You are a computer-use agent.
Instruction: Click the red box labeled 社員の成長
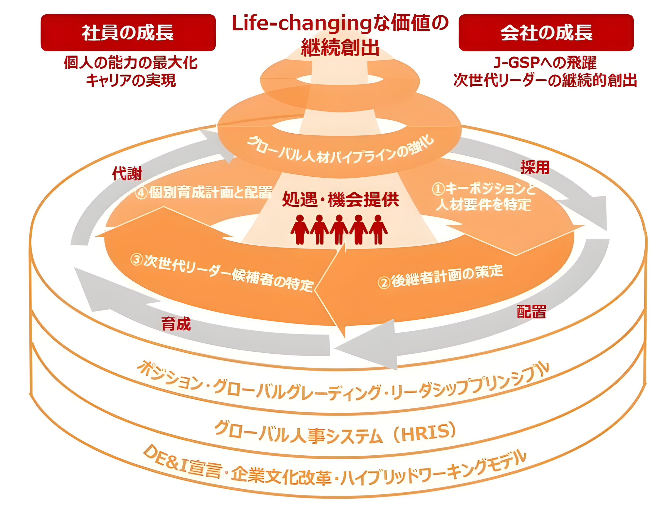pyautogui.click(x=128, y=32)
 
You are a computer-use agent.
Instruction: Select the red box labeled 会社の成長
pyautogui.click(x=546, y=32)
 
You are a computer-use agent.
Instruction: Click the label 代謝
pyautogui.click(x=127, y=174)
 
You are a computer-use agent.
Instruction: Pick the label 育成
pyautogui.click(x=176, y=324)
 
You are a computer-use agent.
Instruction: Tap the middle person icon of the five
pyautogui.click(x=339, y=229)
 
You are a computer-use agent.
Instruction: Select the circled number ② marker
pyautogui.click(x=384, y=282)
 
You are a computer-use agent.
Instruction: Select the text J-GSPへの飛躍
pyautogui.click(x=545, y=63)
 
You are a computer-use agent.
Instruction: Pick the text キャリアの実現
pyautogui.click(x=131, y=81)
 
